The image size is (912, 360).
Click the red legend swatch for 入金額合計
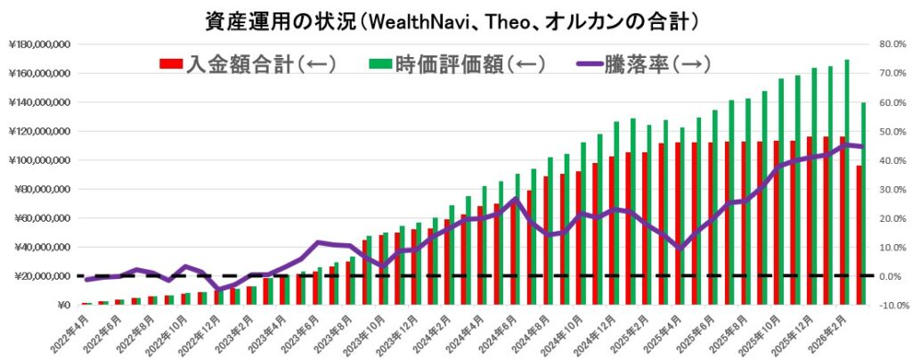[x=171, y=64]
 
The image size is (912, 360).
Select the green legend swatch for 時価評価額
[x=380, y=64]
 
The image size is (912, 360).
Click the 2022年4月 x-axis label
[x=71, y=331]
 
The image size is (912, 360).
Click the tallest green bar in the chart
[x=846, y=183]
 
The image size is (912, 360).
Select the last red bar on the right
[x=859, y=235]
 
